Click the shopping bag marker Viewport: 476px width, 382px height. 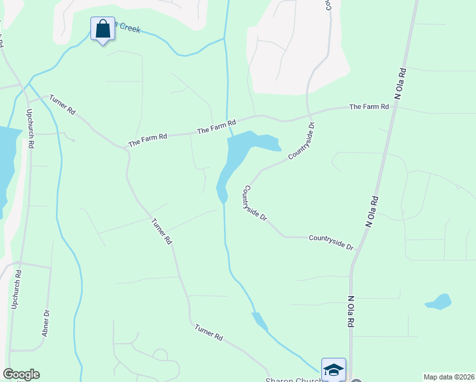[x=102, y=29]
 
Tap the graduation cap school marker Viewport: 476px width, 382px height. [x=333, y=369]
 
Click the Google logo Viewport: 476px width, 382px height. [x=21, y=374]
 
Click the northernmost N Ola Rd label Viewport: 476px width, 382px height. [x=400, y=83]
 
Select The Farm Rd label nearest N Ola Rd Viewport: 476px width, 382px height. [x=369, y=107]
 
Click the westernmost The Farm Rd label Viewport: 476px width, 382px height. [x=147, y=140]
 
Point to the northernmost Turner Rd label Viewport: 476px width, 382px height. [x=62, y=106]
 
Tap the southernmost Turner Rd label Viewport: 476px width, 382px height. [x=209, y=332]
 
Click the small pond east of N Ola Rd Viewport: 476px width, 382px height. [x=438, y=301]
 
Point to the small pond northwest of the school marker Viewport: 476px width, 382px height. [x=260, y=322]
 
